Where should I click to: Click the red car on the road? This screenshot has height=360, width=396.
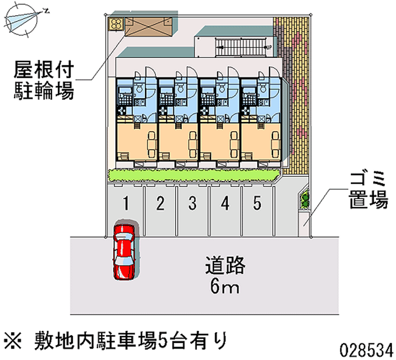point(124,252)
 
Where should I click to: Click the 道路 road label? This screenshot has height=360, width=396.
point(225,265)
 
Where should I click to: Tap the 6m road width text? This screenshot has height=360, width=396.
point(225,287)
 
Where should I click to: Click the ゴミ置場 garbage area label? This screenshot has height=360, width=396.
point(368,190)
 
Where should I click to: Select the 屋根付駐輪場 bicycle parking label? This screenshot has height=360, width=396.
point(44,80)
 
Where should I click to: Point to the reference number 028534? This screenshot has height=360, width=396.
point(366,351)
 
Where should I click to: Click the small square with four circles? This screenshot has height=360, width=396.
point(116,24)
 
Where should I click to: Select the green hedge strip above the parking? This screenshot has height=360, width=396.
point(194,175)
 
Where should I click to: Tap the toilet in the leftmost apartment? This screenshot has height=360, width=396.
point(139,88)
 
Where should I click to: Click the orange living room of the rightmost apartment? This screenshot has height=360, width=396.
point(261,142)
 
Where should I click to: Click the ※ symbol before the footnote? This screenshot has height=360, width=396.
point(13,341)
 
